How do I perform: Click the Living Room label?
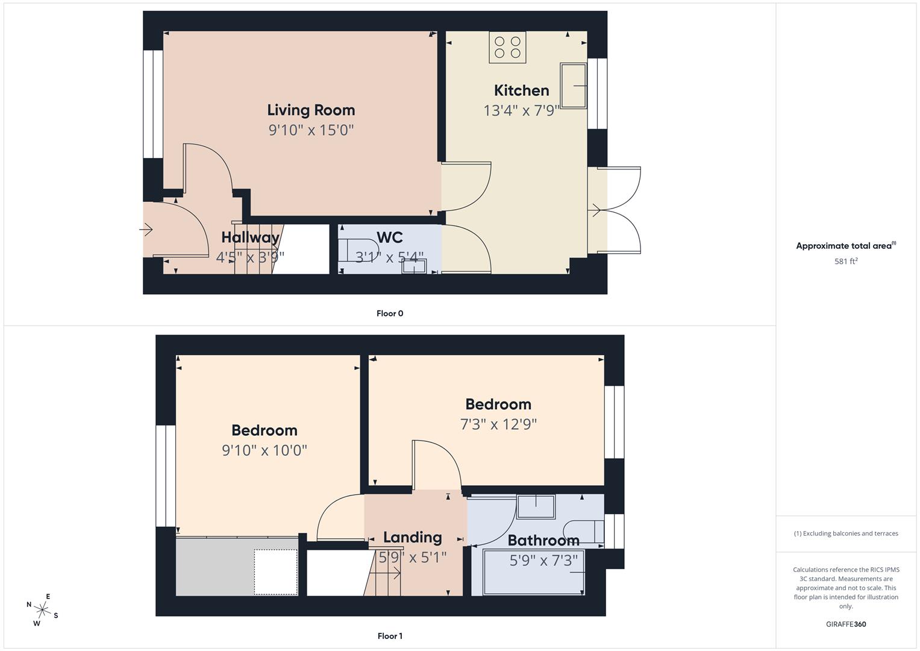[311, 110]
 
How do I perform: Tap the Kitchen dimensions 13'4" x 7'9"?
[522, 110]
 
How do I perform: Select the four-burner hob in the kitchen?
[507, 48]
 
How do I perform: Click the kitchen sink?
[574, 86]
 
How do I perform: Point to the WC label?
[389, 237]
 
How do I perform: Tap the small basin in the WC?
[414, 266]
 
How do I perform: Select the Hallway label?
[250, 237]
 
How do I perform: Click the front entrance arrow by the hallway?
[146, 230]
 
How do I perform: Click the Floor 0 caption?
[390, 313]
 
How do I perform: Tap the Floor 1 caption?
[390, 636]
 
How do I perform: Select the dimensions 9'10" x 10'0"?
[264, 450]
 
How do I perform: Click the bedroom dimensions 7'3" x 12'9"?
[498, 424]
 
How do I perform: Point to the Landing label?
[413, 538]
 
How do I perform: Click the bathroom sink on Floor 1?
[536, 507]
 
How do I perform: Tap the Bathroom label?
[543, 541]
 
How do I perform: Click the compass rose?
[42, 609]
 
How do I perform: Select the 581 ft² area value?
[846, 262]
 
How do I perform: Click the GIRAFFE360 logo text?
[846, 624]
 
